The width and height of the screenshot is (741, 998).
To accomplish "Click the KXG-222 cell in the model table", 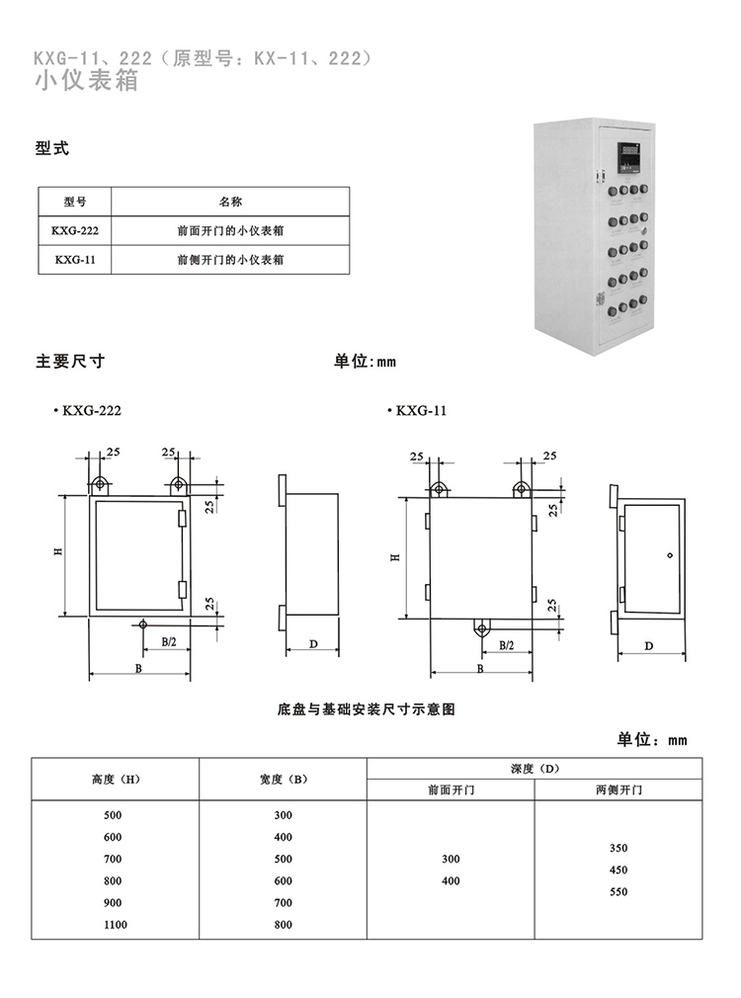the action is coord(75,230).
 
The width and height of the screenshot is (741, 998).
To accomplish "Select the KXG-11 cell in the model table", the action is coord(75,260).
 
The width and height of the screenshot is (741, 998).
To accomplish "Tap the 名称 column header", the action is coord(230,202).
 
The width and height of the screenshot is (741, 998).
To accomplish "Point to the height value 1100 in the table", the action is coord(116,925).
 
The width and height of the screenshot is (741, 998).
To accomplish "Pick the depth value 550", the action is coord(618,891).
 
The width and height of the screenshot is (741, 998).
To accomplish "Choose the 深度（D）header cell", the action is coord(535,768).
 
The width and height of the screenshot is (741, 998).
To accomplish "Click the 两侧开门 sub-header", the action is coord(618,790).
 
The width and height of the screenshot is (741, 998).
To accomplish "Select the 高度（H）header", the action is coord(116,779).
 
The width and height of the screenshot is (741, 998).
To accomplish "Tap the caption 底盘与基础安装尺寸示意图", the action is coord(367,709).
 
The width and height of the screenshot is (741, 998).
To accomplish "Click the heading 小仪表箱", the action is coord(87,81).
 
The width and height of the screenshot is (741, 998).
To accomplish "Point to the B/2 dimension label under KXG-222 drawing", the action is coord(169,642).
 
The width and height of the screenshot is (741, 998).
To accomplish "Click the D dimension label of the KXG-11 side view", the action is coord(649,646).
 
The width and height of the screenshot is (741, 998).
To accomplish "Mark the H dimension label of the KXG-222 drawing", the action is coord(58,551).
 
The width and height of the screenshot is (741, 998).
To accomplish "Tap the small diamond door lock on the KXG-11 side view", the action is coord(670,555).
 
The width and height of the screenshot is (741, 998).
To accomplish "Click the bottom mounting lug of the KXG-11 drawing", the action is coord(482,628).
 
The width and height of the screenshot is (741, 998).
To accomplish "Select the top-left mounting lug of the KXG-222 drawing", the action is coord(100,485).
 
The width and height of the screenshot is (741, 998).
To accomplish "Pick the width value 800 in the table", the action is coord(284,925).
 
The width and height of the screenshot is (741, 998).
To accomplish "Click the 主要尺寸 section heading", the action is coord(70,362).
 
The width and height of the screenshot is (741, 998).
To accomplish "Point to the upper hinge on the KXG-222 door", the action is coord(183,518).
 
